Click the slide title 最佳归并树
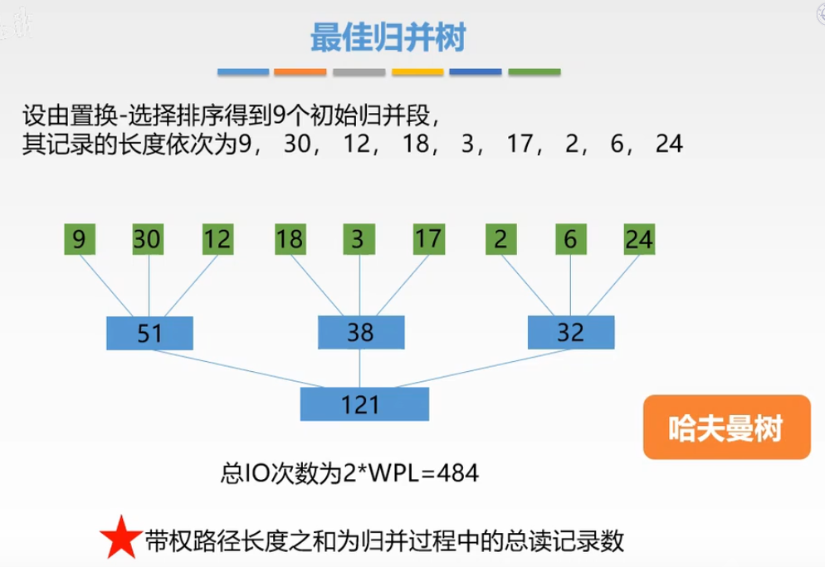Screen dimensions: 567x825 point(388,37)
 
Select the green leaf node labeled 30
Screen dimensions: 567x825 point(149,240)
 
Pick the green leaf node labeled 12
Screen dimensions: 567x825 point(218,240)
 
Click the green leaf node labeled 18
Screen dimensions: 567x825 point(289,240)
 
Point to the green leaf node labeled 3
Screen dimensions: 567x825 point(358,240)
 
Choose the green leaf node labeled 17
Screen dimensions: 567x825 point(428,240)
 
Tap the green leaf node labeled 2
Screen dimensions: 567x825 point(500,240)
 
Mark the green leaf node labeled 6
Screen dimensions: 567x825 point(569,240)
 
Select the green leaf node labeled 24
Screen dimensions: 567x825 point(640,240)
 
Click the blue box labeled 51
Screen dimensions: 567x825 point(150,333)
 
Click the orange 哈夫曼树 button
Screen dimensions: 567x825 point(726,428)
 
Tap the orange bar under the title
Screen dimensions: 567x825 point(300,72)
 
